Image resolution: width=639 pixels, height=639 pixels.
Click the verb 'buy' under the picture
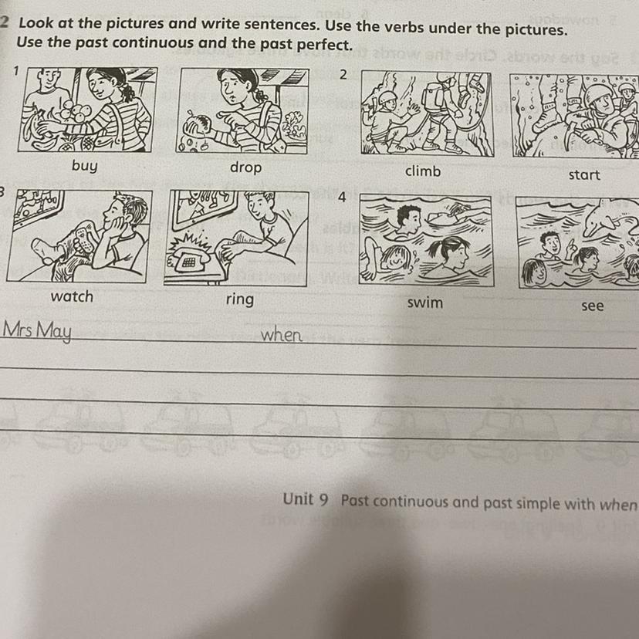[84, 166]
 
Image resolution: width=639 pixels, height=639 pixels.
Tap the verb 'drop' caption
[245, 167]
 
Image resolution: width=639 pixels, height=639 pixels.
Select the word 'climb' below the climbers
[423, 171]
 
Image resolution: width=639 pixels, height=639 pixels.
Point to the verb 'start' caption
[584, 175]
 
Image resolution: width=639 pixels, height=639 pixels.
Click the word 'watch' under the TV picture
[72, 296]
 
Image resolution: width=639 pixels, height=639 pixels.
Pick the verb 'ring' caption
[239, 299]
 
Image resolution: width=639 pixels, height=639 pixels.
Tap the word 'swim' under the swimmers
[425, 303]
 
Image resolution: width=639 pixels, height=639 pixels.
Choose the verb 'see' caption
[593, 306]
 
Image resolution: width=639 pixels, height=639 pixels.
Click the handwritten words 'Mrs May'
[37, 331]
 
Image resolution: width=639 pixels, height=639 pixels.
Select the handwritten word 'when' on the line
[281, 335]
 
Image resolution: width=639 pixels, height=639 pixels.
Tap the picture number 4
[342, 197]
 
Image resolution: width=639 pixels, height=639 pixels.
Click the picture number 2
[343, 75]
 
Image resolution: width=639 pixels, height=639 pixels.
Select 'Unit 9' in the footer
[306, 499]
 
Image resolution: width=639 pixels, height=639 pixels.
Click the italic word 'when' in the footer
[618, 505]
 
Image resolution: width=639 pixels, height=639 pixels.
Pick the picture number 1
[16, 71]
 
